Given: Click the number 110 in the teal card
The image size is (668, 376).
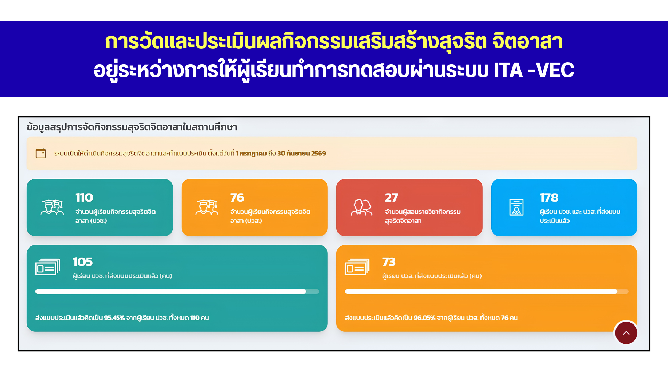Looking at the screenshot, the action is point(84,198).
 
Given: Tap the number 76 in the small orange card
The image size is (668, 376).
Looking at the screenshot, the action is point(237,198).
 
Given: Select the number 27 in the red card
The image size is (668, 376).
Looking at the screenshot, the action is point(391,198).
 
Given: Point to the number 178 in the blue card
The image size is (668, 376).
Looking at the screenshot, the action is point(549,198).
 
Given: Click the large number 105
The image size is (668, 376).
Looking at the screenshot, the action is point(82,262).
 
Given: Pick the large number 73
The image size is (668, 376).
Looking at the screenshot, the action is point(389,262).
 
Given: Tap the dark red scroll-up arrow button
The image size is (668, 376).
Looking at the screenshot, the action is point(626,333).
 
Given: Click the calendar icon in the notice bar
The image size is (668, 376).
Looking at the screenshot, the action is point(41,153).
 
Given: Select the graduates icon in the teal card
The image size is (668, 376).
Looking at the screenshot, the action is point(52,207).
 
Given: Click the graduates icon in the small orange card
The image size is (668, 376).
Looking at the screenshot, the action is point(207,207).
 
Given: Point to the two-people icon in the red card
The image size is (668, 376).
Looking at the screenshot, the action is point(361,207).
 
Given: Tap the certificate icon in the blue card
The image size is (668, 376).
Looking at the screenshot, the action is point(516,207).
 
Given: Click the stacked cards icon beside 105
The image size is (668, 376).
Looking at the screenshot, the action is point(48,267).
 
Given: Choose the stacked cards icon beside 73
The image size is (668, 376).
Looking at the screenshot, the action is point(357,267).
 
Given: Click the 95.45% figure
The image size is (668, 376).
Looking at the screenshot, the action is point(114,318).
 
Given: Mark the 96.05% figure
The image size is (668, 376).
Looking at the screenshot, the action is point(424,318).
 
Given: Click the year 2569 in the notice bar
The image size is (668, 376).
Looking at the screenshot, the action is point(319,154).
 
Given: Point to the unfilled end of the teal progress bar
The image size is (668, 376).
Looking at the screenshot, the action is point(312,292).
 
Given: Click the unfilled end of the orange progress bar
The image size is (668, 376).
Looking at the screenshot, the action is point(623,292).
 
